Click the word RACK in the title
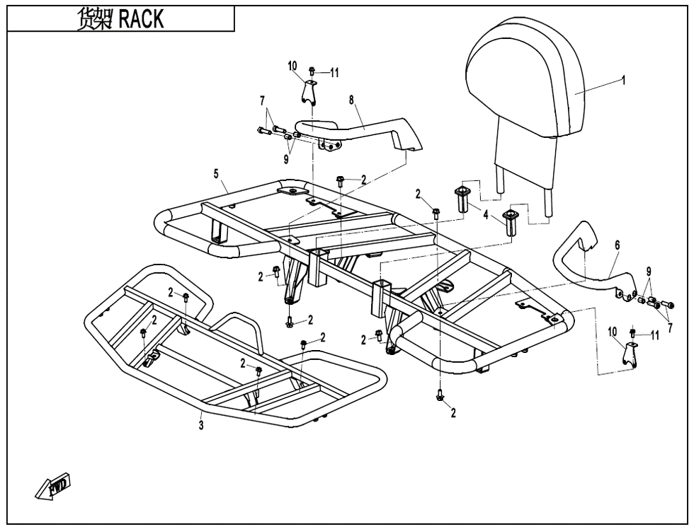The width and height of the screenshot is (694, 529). [x=141, y=19]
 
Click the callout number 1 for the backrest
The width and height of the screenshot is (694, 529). [x=623, y=81]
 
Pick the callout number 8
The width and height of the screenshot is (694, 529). [x=351, y=100]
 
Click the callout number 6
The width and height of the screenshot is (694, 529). [x=618, y=245]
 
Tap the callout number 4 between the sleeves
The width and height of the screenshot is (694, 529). [x=486, y=212]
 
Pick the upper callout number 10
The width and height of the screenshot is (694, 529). [x=292, y=66]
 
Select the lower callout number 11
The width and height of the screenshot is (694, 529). [x=655, y=335]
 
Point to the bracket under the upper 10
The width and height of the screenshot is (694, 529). [x=309, y=92]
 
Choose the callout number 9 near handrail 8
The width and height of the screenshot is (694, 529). [x=286, y=160]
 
